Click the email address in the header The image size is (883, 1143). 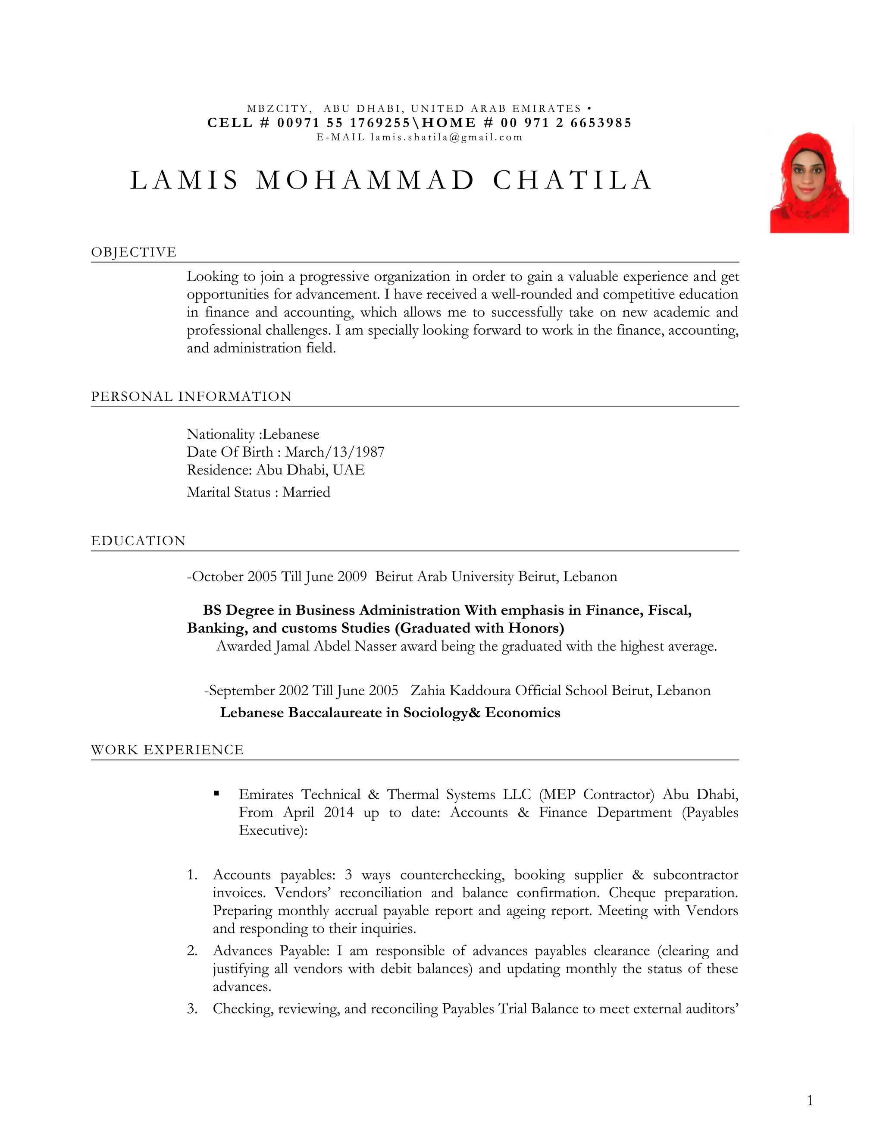447,138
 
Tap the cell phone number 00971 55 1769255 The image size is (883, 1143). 344,123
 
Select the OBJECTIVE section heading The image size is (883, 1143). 134,252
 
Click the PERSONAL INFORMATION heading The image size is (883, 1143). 191,396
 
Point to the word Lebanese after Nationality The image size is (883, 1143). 291,434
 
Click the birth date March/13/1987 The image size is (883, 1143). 335,452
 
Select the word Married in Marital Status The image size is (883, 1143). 306,493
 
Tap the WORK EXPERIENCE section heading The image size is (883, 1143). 167,750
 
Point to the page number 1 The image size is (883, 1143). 810,1101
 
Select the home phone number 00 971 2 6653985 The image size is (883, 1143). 566,123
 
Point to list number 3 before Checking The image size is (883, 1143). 192,1008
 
